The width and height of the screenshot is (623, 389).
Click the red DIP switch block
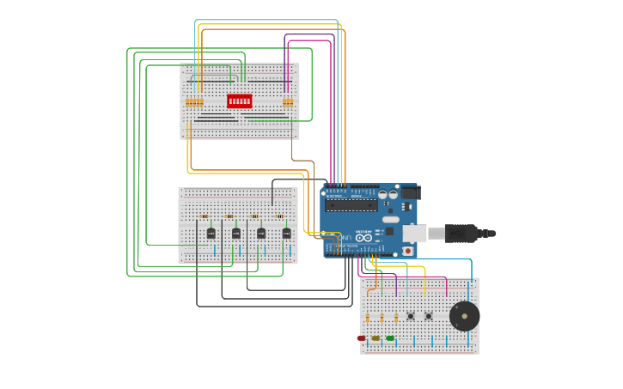[x=240, y=101]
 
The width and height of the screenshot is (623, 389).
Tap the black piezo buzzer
[x=465, y=316]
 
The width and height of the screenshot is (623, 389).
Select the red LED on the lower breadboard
[x=362, y=338]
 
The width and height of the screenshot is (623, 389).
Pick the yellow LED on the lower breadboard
[x=376, y=338]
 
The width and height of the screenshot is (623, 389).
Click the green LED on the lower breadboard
[x=390, y=338]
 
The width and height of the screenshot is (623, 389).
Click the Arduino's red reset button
[x=407, y=251]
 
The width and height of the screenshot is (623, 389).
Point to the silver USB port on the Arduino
[x=414, y=234]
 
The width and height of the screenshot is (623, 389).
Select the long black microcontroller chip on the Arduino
[x=351, y=205]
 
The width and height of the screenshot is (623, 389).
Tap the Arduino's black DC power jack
[x=411, y=193]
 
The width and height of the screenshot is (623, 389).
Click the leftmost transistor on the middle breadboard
[x=211, y=233]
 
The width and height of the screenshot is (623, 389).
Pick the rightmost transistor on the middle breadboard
[x=286, y=233]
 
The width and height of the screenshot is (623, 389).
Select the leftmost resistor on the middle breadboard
[x=204, y=216]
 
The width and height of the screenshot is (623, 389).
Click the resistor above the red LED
[x=367, y=319]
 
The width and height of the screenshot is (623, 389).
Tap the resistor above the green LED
[x=395, y=319]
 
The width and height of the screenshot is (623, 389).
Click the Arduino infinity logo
[x=363, y=238]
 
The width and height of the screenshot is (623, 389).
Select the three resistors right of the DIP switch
[x=288, y=102]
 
